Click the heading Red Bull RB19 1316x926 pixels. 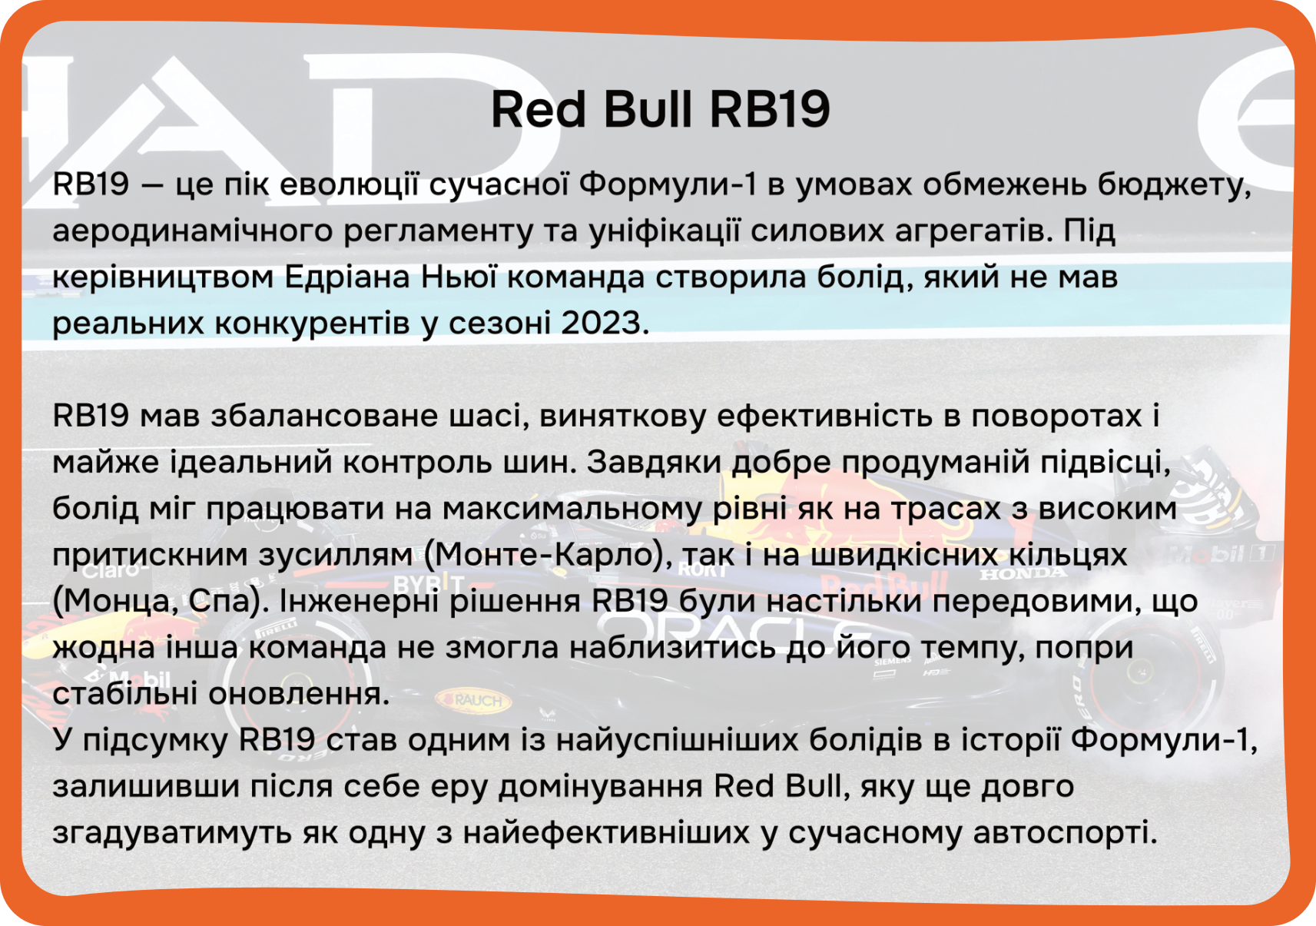tap(661, 109)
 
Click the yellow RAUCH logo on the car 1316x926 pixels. tap(473, 699)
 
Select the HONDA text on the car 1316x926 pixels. tap(1023, 573)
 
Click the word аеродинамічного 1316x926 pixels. tap(193, 231)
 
